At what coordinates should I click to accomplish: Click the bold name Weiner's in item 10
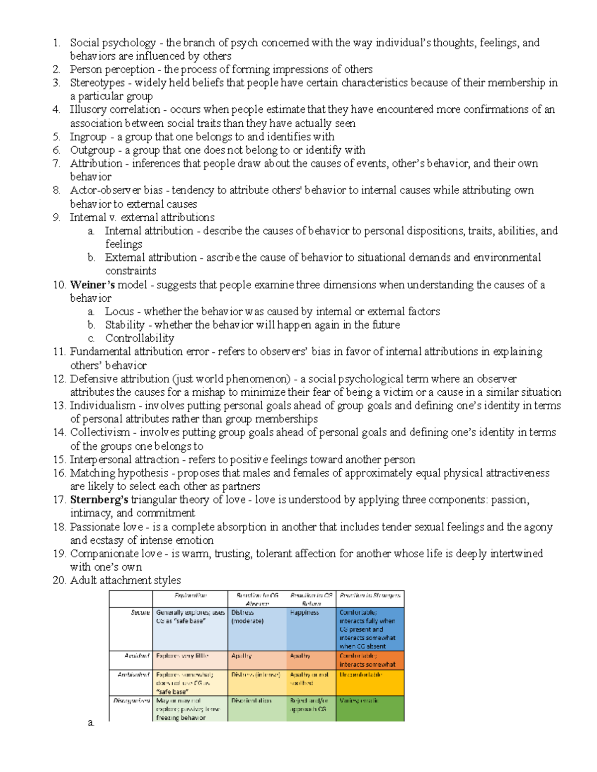pos(93,285)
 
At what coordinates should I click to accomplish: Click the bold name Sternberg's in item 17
pos(99,500)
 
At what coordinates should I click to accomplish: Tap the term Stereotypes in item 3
pos(97,83)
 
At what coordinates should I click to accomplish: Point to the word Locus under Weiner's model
pos(119,312)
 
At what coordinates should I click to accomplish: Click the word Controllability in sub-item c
pos(139,339)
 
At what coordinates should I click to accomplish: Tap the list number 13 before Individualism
pos(59,406)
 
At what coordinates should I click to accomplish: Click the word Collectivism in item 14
pos(99,432)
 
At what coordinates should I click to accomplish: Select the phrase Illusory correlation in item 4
pos(115,109)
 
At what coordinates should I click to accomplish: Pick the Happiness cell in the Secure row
pos(304,613)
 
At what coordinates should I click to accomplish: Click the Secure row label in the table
pos(140,613)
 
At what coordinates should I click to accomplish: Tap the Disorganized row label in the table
pos(131,701)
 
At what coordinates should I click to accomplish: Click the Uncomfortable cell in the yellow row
pos(361,675)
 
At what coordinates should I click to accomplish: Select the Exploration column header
pos(190,596)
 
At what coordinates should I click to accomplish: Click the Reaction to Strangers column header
pos(370,596)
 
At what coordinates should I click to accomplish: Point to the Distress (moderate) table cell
pos(247,617)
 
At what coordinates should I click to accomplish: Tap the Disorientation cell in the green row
pos(251,701)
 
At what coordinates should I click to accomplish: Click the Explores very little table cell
pos(182,656)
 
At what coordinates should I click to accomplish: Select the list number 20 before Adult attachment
pos(59,581)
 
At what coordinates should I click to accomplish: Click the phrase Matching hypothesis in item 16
pos(119,473)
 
